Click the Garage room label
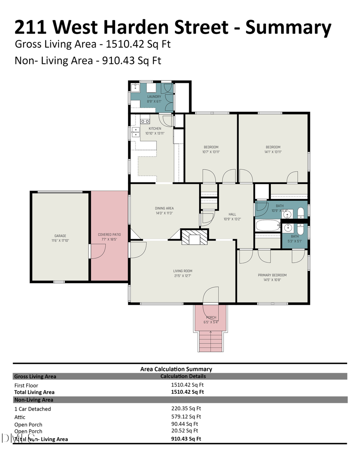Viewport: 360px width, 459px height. (x=60, y=236)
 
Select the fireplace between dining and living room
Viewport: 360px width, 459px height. (x=195, y=237)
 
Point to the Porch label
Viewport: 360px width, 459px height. (x=211, y=317)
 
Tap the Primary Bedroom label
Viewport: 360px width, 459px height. (x=272, y=275)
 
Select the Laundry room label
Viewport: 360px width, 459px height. (x=154, y=96)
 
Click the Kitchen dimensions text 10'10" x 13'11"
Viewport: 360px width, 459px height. (x=155, y=133)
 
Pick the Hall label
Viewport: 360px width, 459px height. (x=232, y=214)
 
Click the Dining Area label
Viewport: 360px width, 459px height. (x=164, y=208)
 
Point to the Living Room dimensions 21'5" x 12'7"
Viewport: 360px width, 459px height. (x=182, y=276)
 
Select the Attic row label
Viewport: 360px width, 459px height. (x=20, y=417)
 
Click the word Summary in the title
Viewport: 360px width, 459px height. (x=288, y=27)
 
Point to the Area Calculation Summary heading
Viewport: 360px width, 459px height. (x=176, y=369)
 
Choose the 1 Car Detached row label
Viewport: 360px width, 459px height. (x=32, y=409)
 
